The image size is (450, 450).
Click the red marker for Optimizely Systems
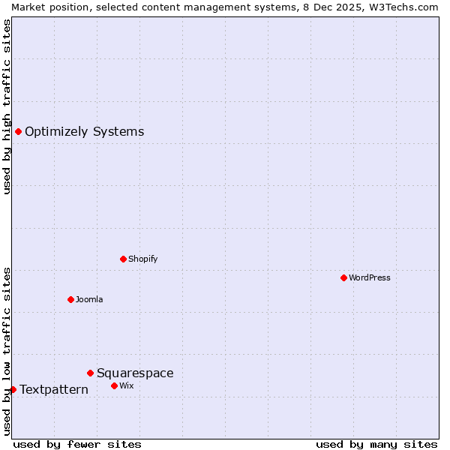19,132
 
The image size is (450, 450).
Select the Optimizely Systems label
84,132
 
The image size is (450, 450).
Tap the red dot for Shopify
124,259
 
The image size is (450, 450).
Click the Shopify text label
142,259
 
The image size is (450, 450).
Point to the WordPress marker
344,278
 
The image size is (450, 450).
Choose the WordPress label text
369,278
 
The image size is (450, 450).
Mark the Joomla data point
71,300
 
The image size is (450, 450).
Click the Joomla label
89,300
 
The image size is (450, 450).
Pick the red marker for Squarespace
91,373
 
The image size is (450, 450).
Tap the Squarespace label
135,373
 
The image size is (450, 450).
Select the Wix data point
115,386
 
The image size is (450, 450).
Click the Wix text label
126,386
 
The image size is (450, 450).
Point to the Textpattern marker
13,390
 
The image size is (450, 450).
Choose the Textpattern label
54,390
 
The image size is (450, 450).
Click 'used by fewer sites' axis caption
77,445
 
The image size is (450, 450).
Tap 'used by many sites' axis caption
376,445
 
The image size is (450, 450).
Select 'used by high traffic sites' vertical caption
7,106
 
